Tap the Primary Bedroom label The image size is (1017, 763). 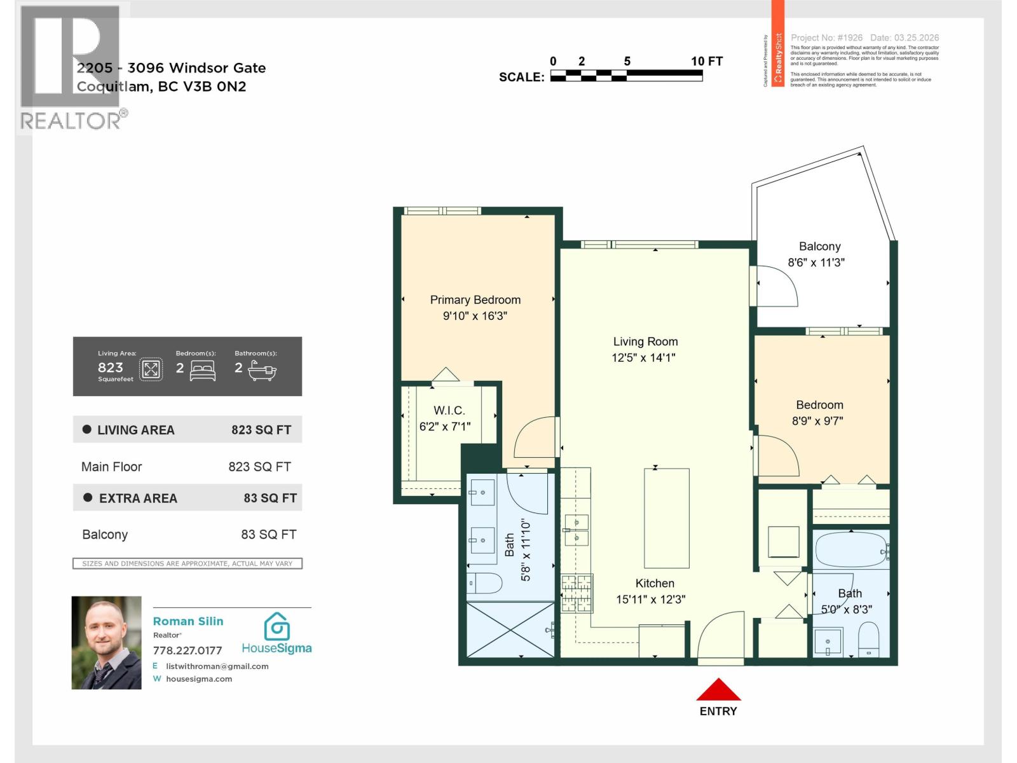pos(475,300)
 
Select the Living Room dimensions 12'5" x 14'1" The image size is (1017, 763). pos(643,358)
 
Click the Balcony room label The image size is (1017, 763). pos(819,247)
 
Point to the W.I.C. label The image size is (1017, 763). pos(449,411)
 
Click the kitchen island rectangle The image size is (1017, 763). pos(666,518)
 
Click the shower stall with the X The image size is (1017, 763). pos(510,629)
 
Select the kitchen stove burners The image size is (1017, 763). pos(577,593)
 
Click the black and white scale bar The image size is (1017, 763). pos(626,76)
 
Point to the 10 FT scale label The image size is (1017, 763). pos(706,61)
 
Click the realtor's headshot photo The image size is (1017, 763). pos(106,642)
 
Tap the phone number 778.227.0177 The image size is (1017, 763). pos(188,650)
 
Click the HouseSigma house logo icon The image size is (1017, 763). pos(277,626)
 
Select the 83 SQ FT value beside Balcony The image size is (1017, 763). pos(268,535)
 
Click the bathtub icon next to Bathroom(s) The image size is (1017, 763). pos(261,369)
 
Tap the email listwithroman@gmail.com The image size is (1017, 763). pos(217,666)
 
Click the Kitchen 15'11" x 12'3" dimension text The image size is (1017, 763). pos(650,600)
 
